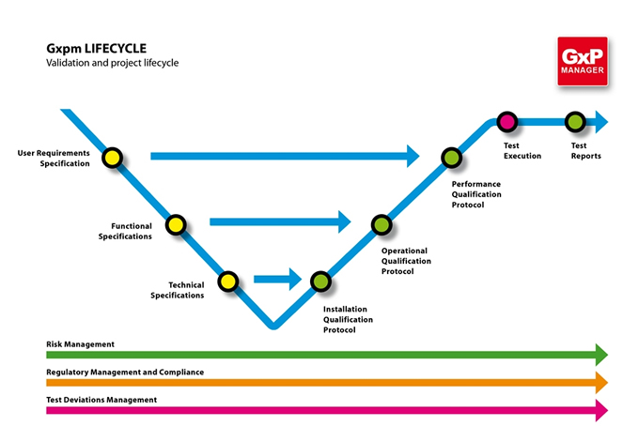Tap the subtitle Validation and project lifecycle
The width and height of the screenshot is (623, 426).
click(112, 63)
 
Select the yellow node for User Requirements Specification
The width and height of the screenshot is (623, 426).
click(112, 158)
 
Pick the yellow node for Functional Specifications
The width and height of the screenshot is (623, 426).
click(176, 224)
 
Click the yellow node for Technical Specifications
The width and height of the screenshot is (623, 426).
click(227, 280)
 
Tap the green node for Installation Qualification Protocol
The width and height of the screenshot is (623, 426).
click(320, 280)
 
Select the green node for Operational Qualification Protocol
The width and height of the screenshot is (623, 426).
click(381, 224)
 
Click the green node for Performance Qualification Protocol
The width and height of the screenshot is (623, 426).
click(450, 158)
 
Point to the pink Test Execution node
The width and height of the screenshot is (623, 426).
click(507, 121)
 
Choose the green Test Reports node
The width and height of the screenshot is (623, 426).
click(575, 121)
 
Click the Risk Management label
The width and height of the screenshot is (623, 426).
click(80, 344)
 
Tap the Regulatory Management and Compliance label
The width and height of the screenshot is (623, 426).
click(125, 373)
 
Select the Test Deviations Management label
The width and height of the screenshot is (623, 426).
click(101, 400)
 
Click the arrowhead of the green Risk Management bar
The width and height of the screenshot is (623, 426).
click(600, 355)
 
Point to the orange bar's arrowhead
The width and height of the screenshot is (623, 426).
click(600, 383)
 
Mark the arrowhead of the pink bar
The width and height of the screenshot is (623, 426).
click(600, 410)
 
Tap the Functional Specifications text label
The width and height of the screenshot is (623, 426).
click(125, 232)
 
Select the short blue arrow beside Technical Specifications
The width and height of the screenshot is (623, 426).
click(277, 279)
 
